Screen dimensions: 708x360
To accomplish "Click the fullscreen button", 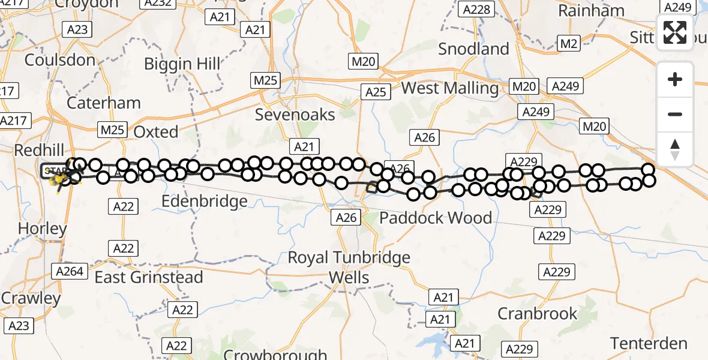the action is pos(675,32).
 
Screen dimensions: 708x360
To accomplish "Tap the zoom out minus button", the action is pos(675,114).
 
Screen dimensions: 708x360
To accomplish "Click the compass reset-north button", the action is pos(675,149).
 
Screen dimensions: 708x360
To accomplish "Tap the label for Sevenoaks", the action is pos(295,115).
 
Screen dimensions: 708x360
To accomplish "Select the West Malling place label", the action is pos(449,89).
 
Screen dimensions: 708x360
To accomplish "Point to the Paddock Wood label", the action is pos(436,218).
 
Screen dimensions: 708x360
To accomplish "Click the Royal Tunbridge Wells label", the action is pos(349,268).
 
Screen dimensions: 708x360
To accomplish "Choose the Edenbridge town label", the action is pos(205,201).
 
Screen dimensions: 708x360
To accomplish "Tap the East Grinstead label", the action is pos(149,277).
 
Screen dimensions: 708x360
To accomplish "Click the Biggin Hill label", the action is pos(182,64).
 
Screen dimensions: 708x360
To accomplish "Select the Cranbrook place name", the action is pos(538,313).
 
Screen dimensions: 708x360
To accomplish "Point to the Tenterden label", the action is pos(649,344).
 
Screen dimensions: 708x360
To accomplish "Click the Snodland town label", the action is pos(473,49).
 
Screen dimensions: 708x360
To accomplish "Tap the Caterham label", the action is pos(104,103).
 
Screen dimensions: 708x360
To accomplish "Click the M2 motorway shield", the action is pos(568,43).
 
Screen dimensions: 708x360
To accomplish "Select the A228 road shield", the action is pos(477,9).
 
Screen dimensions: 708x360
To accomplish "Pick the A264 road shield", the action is pos(69,271).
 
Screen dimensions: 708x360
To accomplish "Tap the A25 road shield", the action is pos(376,92).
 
